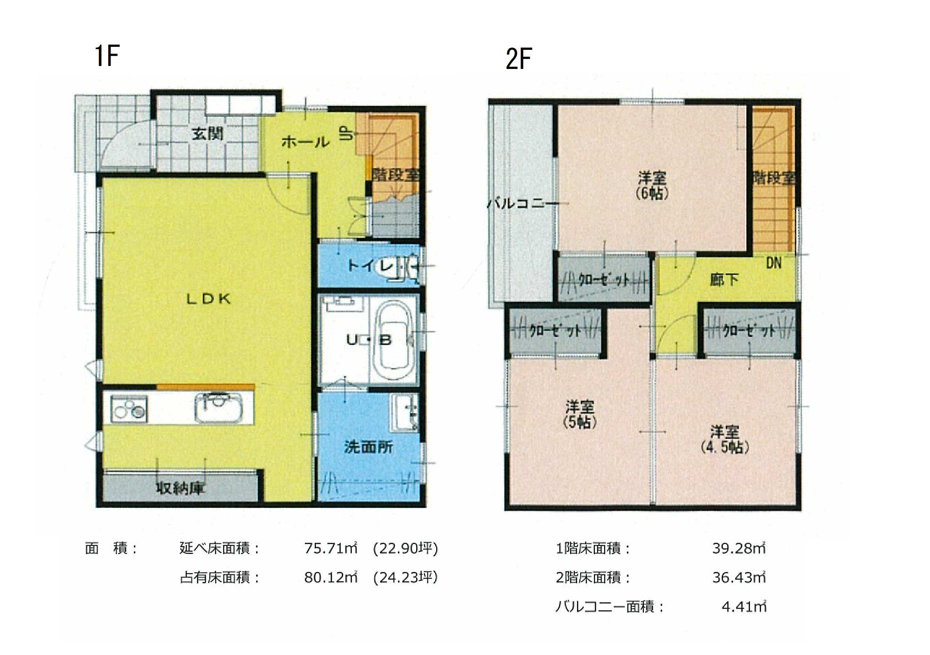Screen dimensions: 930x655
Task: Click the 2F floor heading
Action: (x=519, y=59)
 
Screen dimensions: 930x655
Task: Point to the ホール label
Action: (x=305, y=142)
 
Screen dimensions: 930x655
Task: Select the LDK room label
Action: (x=208, y=299)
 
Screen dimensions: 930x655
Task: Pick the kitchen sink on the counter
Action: (x=219, y=407)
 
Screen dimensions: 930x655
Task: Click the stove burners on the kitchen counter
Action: (x=128, y=409)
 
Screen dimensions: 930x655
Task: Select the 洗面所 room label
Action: (x=368, y=447)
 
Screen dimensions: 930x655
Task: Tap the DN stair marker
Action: (x=774, y=263)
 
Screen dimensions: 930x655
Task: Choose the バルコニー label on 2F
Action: (x=523, y=203)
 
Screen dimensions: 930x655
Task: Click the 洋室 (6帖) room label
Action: (x=652, y=185)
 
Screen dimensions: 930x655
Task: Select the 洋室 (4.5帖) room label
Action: (x=724, y=439)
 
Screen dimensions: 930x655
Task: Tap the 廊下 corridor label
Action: (x=724, y=280)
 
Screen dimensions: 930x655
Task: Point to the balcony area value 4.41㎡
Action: (x=744, y=607)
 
